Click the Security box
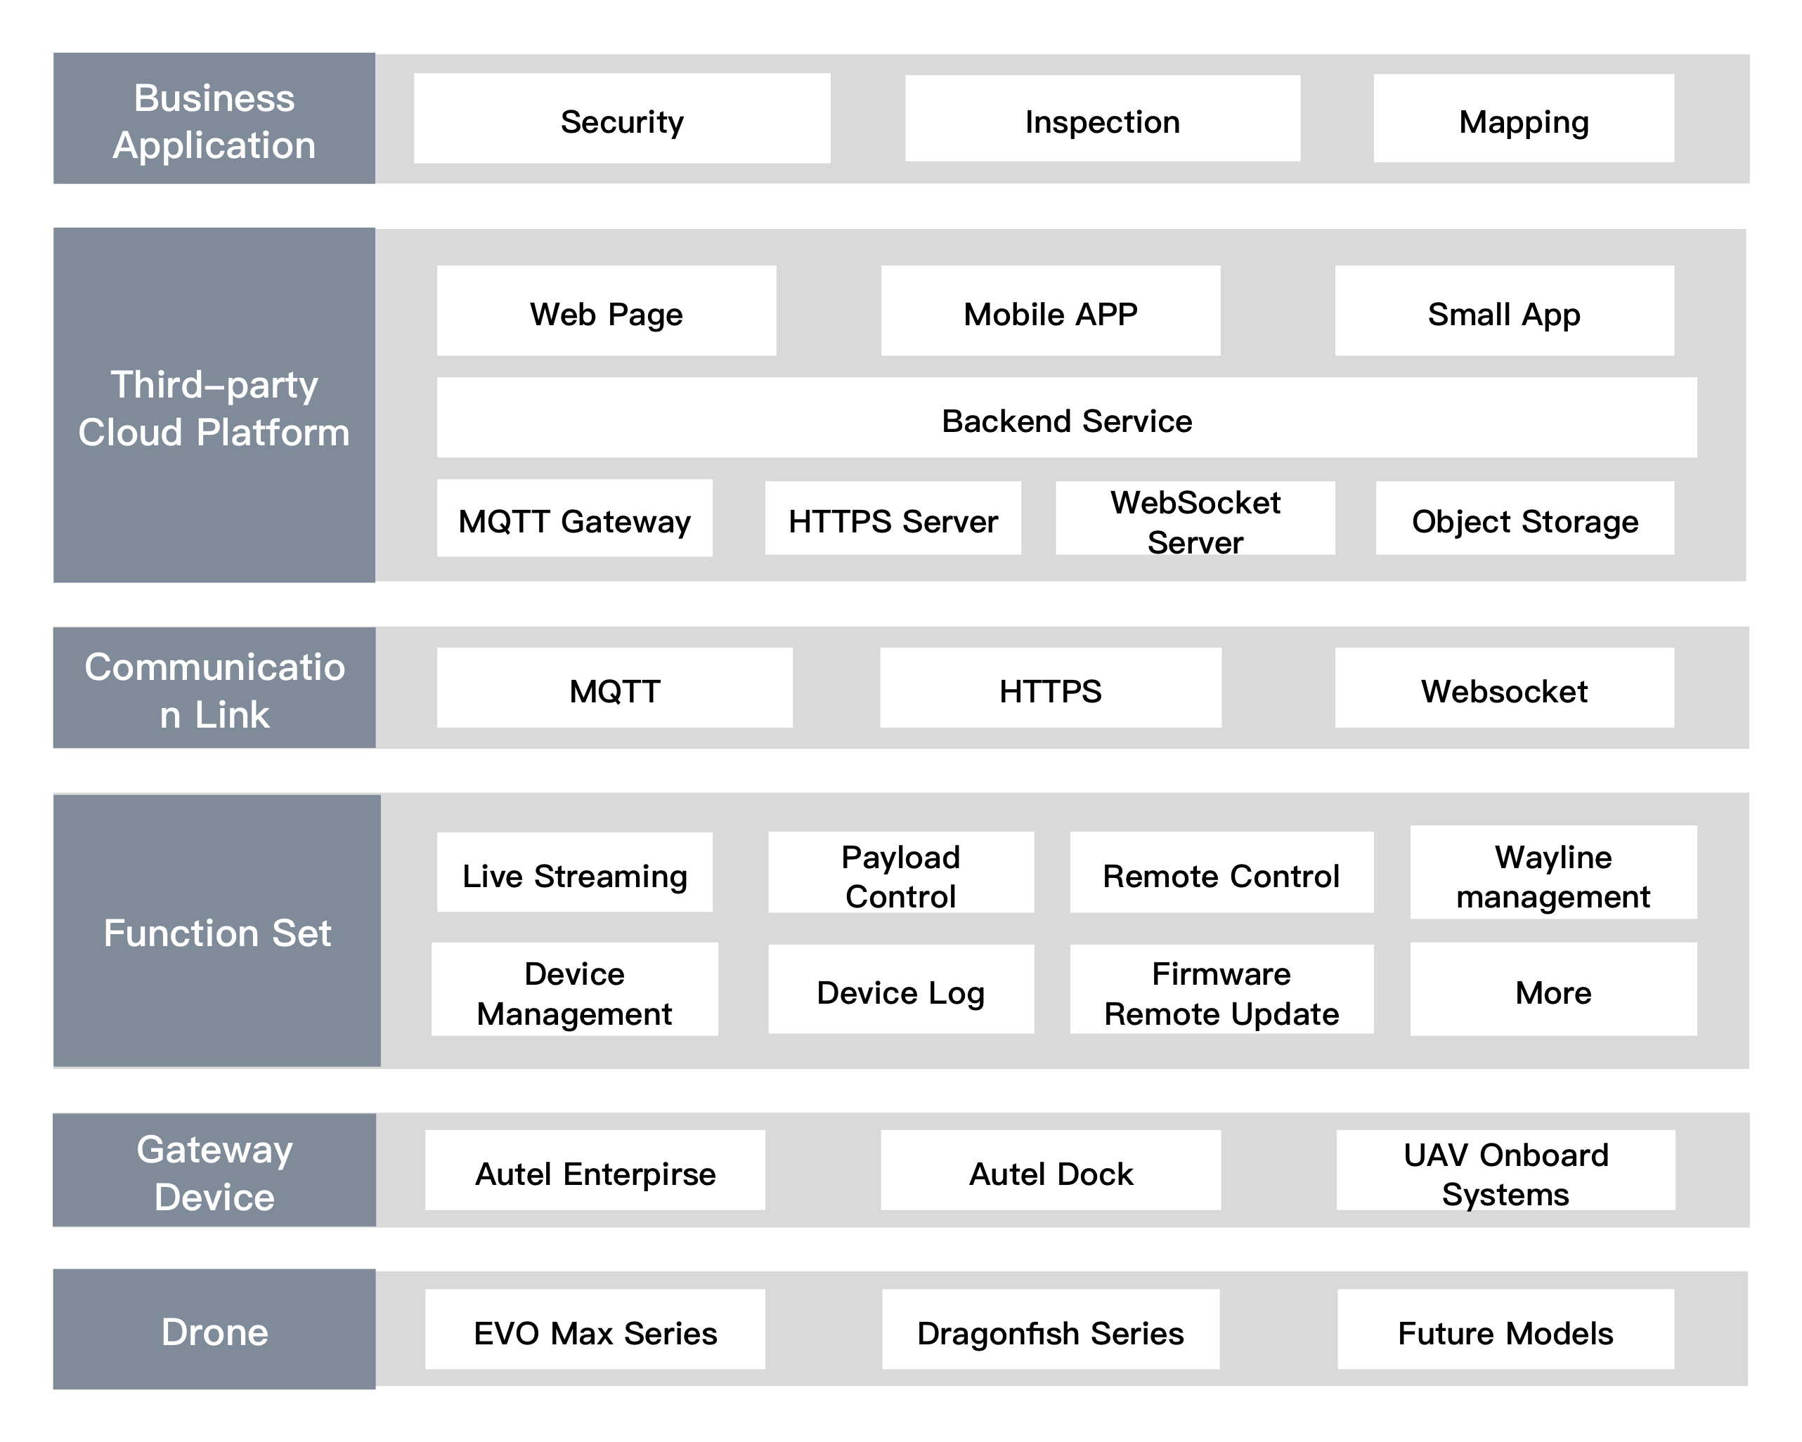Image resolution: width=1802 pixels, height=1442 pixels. pyautogui.click(x=622, y=119)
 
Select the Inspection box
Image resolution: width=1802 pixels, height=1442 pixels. pyautogui.click(x=1103, y=119)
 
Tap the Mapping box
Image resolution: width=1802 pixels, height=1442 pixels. pyautogui.click(x=1524, y=119)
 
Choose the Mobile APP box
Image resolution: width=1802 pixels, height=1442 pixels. pyautogui.click(x=1051, y=310)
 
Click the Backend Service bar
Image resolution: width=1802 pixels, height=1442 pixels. pyautogui.click(x=1066, y=418)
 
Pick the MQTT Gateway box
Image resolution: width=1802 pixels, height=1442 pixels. pyautogui.click(x=574, y=518)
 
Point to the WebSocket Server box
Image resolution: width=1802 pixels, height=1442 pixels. pyautogui.click(x=1195, y=518)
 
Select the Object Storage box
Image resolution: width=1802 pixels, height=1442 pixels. pyautogui.click(x=1524, y=518)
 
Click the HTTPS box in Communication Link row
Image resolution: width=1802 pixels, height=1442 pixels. pyautogui.click(x=1051, y=688)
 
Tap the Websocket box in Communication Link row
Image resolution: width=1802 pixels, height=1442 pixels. pyautogui.click(x=1505, y=688)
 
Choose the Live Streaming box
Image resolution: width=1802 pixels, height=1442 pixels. pyautogui.click(x=574, y=872)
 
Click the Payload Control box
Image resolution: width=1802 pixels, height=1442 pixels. pyautogui.click(x=901, y=872)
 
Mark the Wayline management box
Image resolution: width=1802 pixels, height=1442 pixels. pyautogui.click(x=1553, y=872)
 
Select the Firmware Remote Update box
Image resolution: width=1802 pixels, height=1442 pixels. pyautogui.click(x=1221, y=989)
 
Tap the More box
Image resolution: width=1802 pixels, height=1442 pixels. pyautogui.click(x=1553, y=989)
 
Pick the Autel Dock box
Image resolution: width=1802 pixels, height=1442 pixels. pyautogui.click(x=1051, y=1170)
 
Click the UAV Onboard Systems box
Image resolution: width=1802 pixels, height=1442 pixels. pyautogui.click(x=1505, y=1170)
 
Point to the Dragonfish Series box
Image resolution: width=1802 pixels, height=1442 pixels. pyautogui.click(x=1051, y=1329)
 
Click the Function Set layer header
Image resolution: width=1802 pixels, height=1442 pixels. pyautogui.click(x=217, y=931)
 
